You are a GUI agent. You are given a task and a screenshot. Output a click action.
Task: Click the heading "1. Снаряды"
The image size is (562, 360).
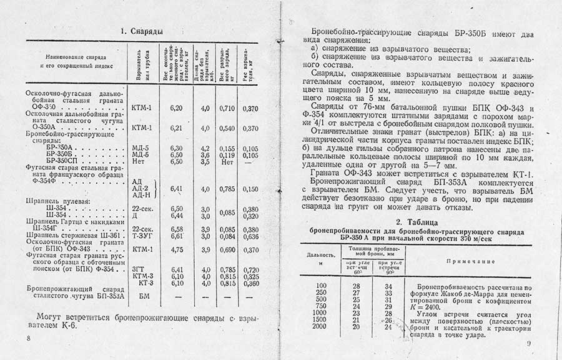(142, 30)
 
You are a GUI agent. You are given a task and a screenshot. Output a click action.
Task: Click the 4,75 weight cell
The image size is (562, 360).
(176, 249)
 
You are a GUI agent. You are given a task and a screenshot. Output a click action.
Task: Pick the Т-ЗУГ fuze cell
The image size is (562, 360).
(143, 236)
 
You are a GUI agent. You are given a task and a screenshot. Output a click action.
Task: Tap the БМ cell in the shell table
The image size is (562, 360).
(144, 295)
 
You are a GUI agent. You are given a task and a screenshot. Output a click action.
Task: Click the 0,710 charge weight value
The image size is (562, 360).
(227, 109)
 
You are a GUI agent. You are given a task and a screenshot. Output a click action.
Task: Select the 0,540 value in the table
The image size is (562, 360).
(227, 128)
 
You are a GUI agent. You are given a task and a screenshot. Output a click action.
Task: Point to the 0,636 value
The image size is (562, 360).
(251, 236)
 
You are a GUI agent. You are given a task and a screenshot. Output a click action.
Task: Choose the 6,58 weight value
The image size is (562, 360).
(176, 229)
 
